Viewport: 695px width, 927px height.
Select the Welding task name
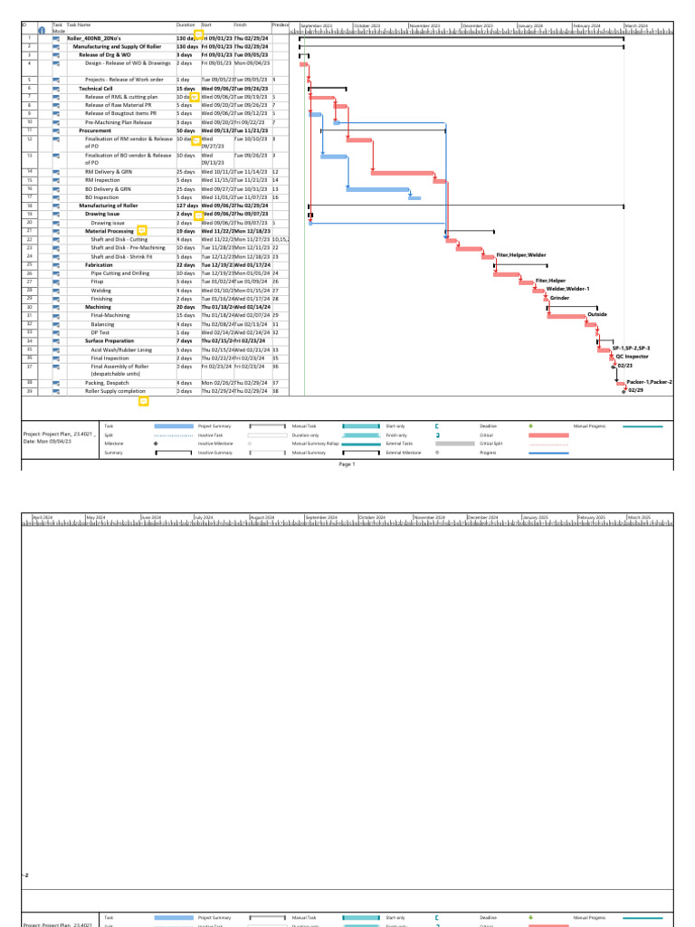101,290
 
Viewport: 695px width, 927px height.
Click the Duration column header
186,24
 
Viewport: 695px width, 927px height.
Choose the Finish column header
242,24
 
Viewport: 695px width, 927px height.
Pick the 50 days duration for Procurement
186,129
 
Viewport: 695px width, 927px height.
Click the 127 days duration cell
187,205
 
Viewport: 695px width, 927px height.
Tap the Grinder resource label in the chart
559,298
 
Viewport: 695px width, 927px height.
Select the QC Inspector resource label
632,357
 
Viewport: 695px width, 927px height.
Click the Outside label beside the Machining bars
597,314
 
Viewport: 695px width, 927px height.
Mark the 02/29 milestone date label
636,391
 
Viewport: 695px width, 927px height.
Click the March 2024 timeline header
636,26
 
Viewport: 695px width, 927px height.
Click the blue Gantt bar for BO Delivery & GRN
378,189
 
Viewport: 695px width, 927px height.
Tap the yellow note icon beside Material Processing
141,231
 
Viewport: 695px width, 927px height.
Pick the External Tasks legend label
399,444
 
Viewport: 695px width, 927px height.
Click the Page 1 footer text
347,463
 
